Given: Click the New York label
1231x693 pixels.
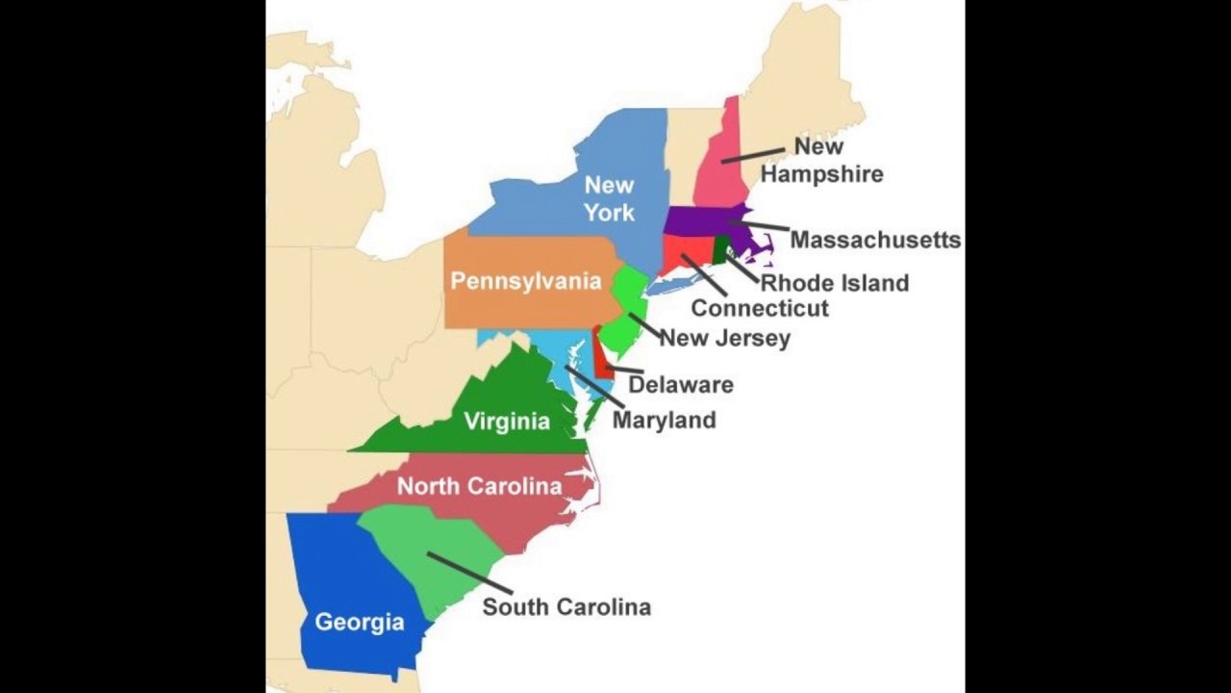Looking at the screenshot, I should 610,197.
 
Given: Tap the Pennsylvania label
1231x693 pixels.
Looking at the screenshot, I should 526,281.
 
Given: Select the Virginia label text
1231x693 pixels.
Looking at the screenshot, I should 507,421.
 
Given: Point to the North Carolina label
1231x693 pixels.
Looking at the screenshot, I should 479,486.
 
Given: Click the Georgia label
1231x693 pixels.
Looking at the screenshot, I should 360,622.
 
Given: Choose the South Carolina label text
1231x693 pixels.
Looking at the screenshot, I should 566,606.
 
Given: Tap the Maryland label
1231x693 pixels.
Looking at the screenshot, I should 664,420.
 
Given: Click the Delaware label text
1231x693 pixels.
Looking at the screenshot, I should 681,385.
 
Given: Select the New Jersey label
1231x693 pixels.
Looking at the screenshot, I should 724,338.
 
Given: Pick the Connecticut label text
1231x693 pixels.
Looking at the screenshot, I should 760,308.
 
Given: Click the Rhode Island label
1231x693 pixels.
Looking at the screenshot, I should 834,283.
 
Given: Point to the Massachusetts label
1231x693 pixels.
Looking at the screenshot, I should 875,240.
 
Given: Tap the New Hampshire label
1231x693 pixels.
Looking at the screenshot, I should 820,161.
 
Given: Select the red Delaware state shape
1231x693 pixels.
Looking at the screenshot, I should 602,356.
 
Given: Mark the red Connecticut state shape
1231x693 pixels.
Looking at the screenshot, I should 685,252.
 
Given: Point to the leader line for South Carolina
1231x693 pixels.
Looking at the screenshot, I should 469,573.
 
